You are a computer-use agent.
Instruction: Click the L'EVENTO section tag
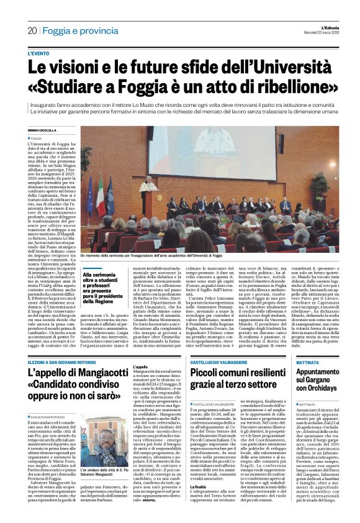[x=39, y=54]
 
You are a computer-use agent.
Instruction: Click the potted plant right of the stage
[x=320, y=186]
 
